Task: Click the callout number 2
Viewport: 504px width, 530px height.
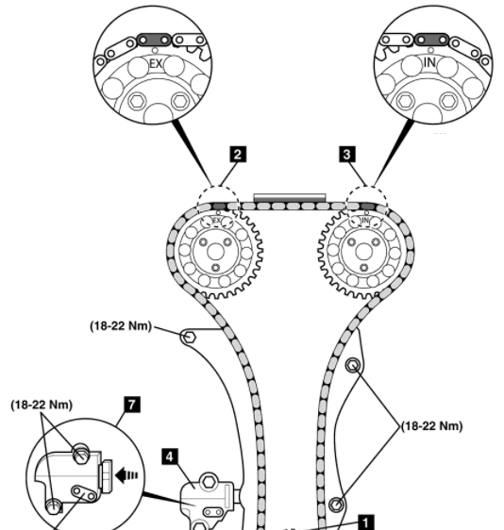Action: (x=238, y=154)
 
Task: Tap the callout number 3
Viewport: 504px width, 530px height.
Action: (x=347, y=154)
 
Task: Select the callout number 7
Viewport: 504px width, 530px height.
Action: (x=131, y=405)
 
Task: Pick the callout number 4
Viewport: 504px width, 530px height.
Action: (x=170, y=456)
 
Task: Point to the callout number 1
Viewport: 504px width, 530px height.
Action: (x=365, y=522)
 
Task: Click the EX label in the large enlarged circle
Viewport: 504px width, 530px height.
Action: (x=156, y=63)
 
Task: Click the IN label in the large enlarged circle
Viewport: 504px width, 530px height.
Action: (x=429, y=62)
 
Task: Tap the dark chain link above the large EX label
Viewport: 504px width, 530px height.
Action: (x=154, y=40)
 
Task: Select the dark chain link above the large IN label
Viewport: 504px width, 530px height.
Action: (x=431, y=40)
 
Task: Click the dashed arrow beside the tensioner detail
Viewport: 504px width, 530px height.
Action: (x=126, y=475)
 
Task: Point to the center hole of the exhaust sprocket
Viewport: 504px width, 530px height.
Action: (x=215, y=252)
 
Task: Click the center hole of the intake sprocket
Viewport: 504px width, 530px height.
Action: (x=364, y=252)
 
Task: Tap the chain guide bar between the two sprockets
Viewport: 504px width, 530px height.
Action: (x=290, y=197)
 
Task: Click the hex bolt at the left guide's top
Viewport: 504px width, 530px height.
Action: (x=189, y=337)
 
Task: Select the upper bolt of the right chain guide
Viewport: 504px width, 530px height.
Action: (x=353, y=365)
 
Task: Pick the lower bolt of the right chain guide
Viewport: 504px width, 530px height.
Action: (x=336, y=505)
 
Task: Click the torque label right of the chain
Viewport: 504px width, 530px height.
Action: (x=431, y=426)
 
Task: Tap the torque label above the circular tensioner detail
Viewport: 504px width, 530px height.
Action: (x=42, y=405)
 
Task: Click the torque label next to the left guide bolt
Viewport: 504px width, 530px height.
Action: (x=121, y=326)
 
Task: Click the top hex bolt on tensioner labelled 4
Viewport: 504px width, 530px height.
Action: (x=209, y=481)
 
